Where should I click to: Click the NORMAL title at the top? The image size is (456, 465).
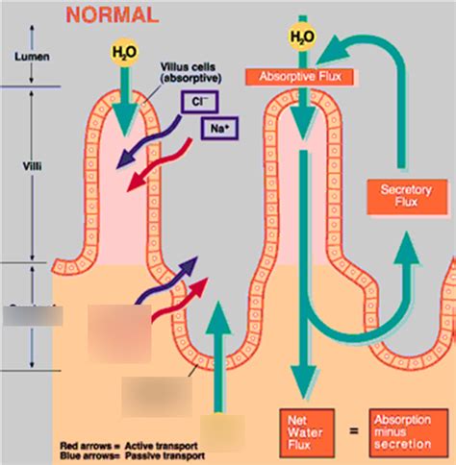pyautogui.click(x=111, y=16)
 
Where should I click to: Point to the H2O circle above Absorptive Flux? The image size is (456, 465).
pyautogui.click(x=301, y=37)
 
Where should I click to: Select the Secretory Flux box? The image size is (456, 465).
pyautogui.click(x=396, y=198)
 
